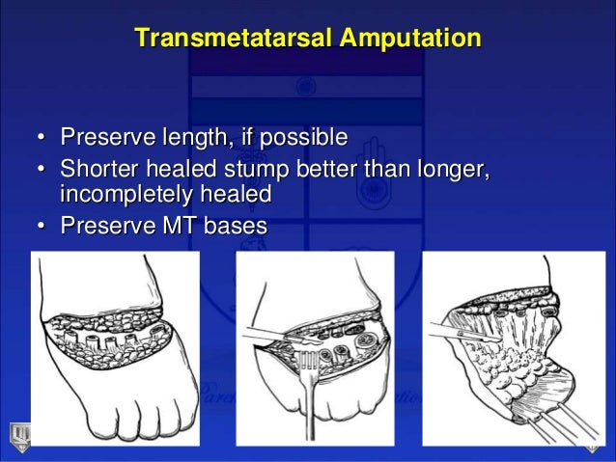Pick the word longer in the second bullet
coord(452,170)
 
